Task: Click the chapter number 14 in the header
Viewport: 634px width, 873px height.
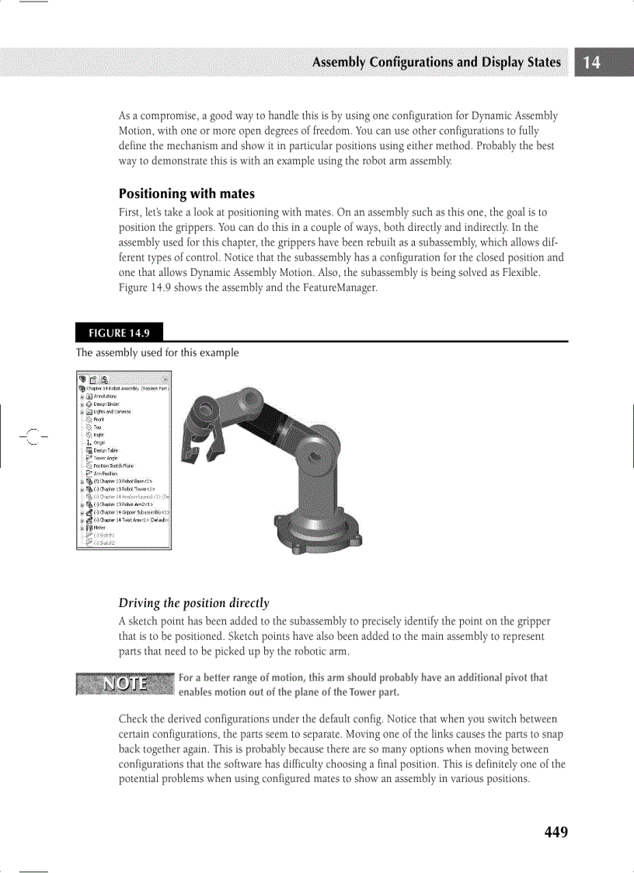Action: (x=592, y=63)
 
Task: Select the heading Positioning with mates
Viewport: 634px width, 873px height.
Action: (x=186, y=194)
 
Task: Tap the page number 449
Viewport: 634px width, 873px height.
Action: (x=556, y=833)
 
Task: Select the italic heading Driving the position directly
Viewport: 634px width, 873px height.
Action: (x=193, y=603)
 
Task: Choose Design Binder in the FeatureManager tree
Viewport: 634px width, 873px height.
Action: (x=107, y=404)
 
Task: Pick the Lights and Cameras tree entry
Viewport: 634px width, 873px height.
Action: (x=112, y=412)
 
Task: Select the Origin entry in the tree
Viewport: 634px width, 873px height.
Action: (x=99, y=442)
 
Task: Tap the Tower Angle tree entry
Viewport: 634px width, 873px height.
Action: (x=105, y=458)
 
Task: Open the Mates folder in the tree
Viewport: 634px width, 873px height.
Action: (x=99, y=527)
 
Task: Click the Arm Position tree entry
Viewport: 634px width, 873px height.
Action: (x=105, y=473)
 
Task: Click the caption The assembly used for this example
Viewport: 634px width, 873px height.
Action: (x=157, y=353)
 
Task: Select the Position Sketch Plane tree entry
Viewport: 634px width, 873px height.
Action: (x=113, y=466)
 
